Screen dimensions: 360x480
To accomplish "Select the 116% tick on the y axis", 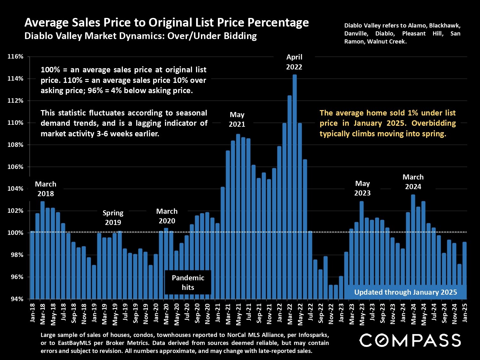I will (15, 57).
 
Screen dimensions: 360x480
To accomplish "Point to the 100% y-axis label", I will (15, 233).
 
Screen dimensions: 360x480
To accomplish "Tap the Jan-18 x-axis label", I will (32, 314).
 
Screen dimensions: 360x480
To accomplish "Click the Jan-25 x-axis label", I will (465, 314).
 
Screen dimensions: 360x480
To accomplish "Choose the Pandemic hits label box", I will (188, 283).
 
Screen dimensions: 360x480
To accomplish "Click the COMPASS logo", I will (410, 340).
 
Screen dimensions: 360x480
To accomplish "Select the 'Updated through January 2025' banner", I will (405, 292).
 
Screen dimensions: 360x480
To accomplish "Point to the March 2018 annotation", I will (45, 189).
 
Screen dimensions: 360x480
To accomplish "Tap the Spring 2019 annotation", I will (113, 218).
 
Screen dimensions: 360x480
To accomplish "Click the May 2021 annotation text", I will (237, 119).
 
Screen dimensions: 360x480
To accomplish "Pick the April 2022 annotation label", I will (294, 62).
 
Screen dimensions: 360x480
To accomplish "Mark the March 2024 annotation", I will (413, 182).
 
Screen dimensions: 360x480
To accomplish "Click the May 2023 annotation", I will (362, 188).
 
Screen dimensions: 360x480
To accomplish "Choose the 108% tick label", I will (15, 145).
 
